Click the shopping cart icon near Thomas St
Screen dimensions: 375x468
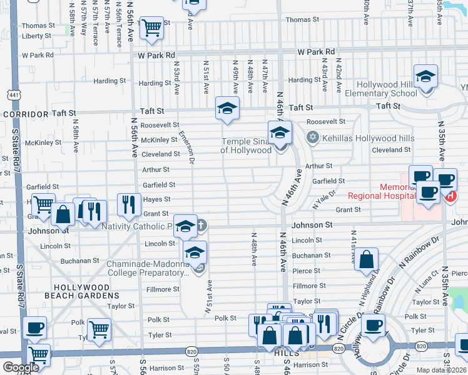[x=151, y=28]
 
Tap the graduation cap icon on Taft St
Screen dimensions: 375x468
[x=228, y=107]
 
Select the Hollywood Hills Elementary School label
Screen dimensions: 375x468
[x=387, y=89]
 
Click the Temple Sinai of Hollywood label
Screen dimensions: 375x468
[x=246, y=146]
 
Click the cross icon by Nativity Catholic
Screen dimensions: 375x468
[x=200, y=225]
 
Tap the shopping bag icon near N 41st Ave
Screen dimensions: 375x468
[x=366, y=259]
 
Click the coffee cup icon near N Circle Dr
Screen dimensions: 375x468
[x=374, y=326]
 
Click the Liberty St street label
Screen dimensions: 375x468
[x=37, y=36]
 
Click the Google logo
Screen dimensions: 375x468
[x=21, y=367]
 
